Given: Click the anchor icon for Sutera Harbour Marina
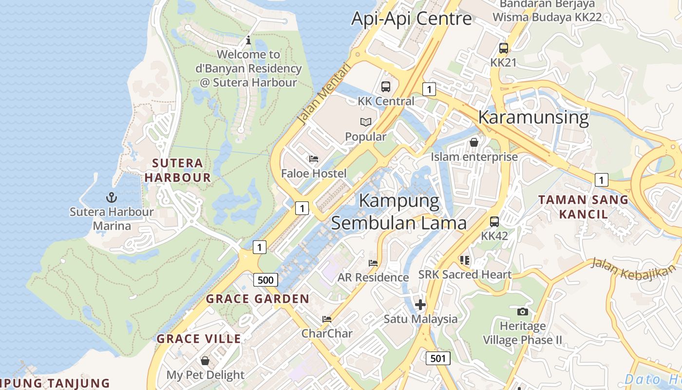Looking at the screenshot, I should point(112,197).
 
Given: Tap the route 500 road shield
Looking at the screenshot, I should point(265,280).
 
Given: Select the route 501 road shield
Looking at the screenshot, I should point(438,358).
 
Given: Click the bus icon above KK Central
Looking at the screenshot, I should point(386,87).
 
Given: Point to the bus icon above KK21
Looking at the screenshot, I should point(503,48).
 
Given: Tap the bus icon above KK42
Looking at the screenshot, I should point(494,222).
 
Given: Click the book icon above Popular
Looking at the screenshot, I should point(366,122).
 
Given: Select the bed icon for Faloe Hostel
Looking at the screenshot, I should point(314,159).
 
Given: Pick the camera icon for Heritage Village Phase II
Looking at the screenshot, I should point(522,312).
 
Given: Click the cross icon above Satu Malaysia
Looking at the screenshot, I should point(420,305).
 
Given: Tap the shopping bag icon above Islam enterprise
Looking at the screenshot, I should point(474,142).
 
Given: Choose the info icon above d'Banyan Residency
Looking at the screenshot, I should point(248,40).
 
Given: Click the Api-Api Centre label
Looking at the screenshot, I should point(411,19).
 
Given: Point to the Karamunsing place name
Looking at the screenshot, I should point(533,117).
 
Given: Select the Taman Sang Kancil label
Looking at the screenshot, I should point(583,207).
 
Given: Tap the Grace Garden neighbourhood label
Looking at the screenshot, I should point(258,299).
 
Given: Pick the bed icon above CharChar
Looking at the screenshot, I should point(327,319).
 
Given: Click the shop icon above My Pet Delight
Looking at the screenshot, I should point(205,361).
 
